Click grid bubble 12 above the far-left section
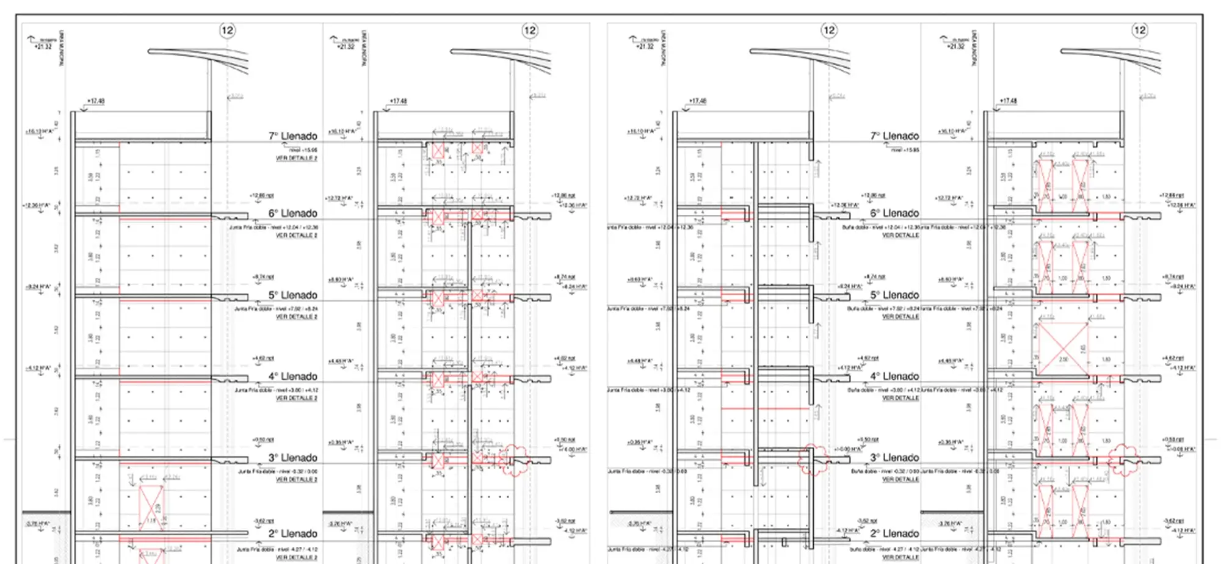click(227, 31)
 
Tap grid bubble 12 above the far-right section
click(1139, 31)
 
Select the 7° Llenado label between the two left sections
click(293, 136)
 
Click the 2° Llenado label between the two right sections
click(894, 533)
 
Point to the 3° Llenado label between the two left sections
click(293, 458)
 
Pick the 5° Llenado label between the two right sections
click(894, 295)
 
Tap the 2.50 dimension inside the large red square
click(1063, 360)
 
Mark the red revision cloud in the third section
click(813, 460)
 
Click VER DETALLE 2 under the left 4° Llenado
click(297, 398)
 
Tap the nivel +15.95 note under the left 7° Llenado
click(303, 150)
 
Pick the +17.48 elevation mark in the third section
click(698, 101)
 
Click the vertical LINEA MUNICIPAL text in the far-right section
click(974, 49)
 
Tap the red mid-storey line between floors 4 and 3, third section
click(766, 408)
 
